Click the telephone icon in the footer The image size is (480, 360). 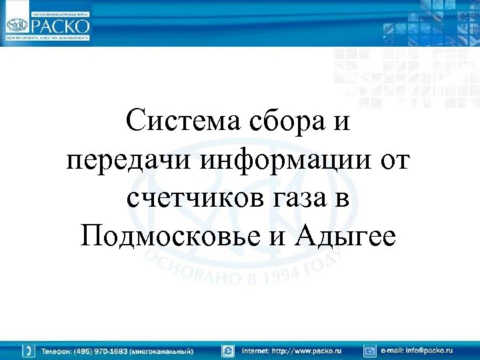click(x=29, y=350)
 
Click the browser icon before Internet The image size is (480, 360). click(x=228, y=350)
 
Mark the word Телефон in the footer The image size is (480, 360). click(x=57, y=350)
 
